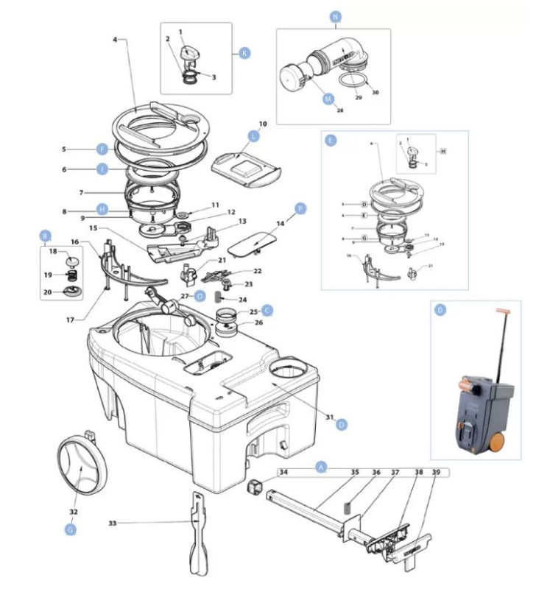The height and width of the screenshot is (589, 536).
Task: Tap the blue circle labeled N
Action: [336, 15]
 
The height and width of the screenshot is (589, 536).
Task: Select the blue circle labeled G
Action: [71, 528]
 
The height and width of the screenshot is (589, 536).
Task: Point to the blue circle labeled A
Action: [320, 467]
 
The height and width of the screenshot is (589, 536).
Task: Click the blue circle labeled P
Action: [300, 209]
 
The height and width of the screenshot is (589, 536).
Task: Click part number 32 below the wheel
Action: [74, 511]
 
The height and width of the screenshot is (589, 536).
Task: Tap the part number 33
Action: [112, 523]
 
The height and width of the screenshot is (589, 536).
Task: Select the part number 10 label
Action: [262, 123]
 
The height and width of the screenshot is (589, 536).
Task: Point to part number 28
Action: [339, 110]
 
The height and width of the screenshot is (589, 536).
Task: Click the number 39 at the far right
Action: [436, 472]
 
